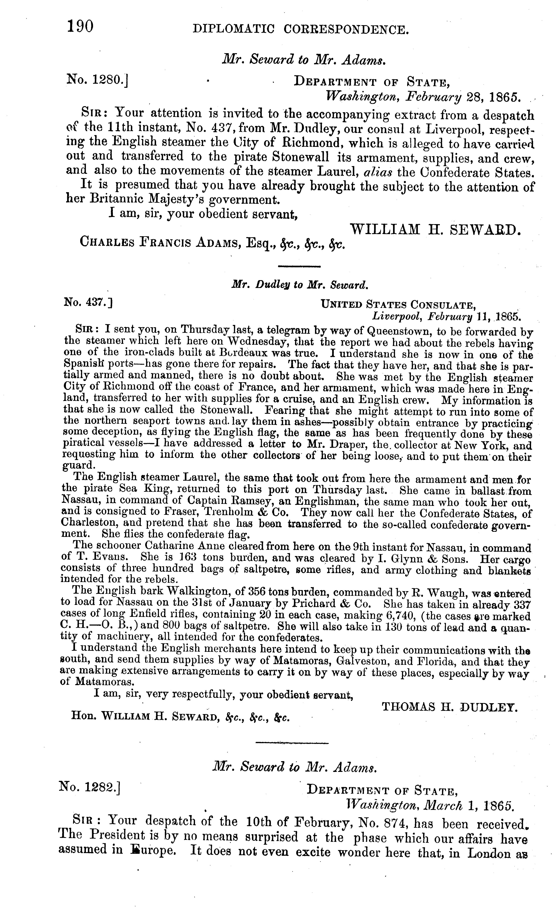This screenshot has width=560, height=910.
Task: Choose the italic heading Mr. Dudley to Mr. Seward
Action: coord(299,285)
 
